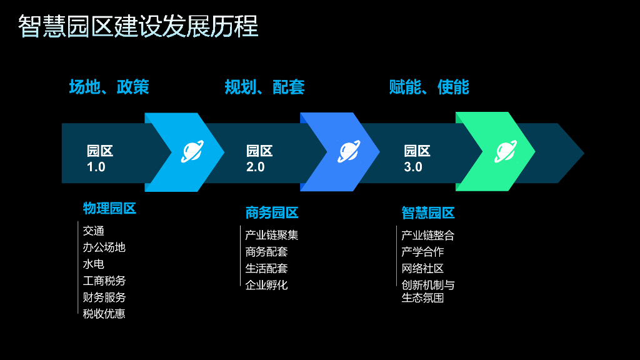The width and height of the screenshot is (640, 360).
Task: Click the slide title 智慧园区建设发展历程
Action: coord(138,26)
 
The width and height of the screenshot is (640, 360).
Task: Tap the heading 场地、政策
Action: coord(109,87)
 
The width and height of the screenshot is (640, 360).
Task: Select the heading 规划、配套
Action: coord(264,87)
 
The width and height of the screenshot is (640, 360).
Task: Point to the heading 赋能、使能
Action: coord(429,87)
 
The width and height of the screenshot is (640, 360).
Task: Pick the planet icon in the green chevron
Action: coord(505,152)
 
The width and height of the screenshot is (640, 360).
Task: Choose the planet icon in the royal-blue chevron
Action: coord(348,152)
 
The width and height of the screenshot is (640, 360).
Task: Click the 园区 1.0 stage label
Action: coord(99,159)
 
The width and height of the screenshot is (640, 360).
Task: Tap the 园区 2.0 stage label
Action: coord(259,159)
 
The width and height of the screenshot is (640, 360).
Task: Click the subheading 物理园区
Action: coord(109,209)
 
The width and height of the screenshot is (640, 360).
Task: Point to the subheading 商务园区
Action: coord(272,213)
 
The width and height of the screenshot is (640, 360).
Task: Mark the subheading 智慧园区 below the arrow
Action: coord(428,213)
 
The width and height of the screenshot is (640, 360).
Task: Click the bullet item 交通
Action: coord(94,231)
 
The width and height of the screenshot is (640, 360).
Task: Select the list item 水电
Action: coord(94,264)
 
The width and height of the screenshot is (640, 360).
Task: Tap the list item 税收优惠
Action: coord(104,314)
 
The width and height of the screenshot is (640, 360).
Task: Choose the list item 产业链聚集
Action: coord(272,236)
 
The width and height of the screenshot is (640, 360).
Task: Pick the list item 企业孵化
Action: coord(266,285)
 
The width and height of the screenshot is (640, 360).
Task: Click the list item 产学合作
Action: coord(422,252)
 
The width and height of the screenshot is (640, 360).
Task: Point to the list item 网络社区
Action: coord(422,269)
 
